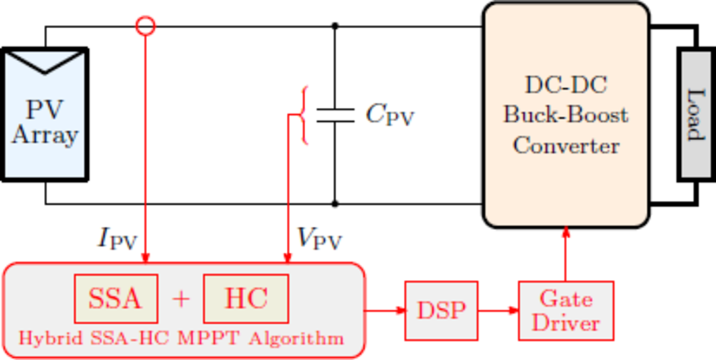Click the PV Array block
45,115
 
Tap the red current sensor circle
145,26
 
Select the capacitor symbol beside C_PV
335,115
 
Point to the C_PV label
389,115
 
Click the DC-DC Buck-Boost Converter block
566,115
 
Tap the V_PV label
319,238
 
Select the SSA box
115,299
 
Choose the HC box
246,299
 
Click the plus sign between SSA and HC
181,299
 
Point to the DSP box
441,310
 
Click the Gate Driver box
565,311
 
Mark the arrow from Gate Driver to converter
566,254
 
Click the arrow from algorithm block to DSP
385,310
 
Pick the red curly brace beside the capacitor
304,115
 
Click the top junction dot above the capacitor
335,26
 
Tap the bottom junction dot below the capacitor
335,204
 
